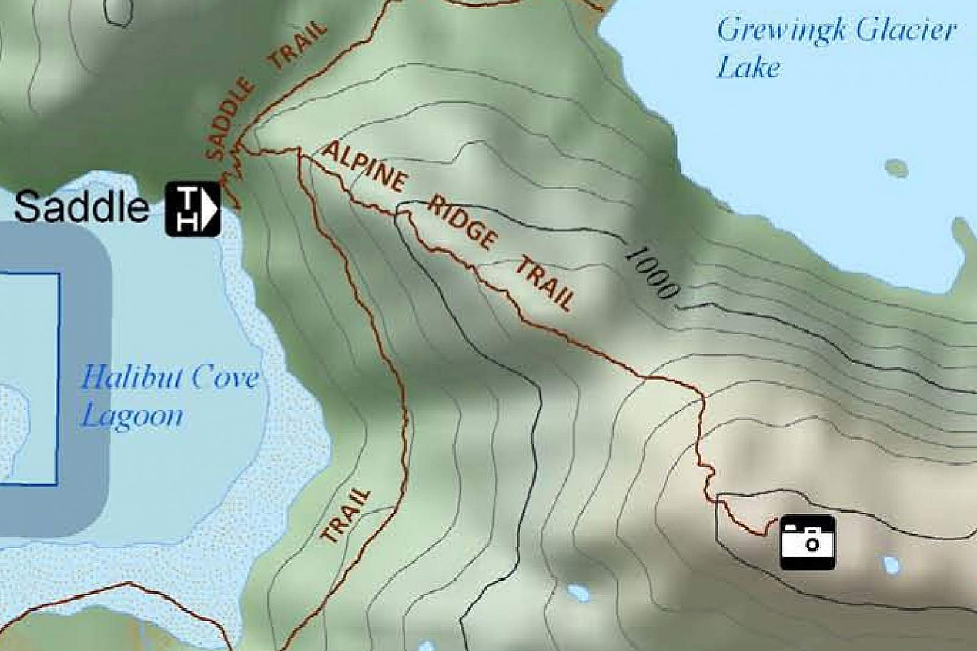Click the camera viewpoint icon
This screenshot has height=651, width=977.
(808, 542)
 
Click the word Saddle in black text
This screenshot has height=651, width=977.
(81, 207)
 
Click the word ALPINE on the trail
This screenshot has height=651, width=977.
(365, 166)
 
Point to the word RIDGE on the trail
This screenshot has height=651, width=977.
(462, 222)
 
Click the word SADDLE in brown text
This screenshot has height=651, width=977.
(230, 118)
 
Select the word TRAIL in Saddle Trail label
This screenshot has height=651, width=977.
(299, 46)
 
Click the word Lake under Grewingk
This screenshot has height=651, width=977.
(748, 67)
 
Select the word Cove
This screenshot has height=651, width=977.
(226, 378)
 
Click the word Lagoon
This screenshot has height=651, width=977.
(133, 416)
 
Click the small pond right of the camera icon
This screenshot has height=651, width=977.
(892, 565)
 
